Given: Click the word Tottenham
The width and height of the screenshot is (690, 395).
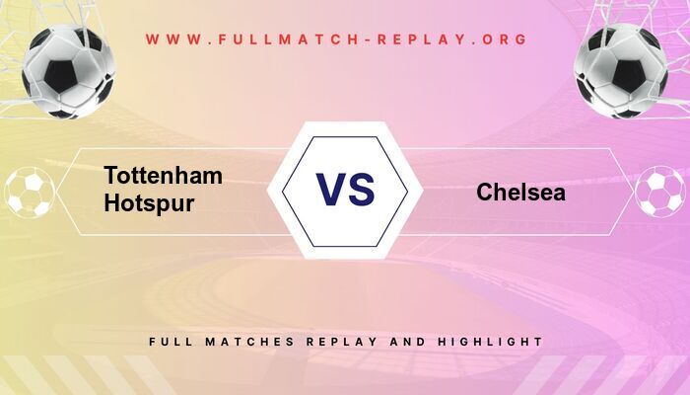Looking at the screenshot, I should [x=163, y=176].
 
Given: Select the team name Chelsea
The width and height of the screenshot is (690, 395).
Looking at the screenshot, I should [x=520, y=193].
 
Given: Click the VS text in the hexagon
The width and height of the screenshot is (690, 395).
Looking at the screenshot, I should [x=345, y=189].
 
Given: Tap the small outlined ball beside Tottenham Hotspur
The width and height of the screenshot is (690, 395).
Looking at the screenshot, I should [x=30, y=192].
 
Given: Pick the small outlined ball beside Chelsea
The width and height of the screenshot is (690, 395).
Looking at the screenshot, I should [x=659, y=192].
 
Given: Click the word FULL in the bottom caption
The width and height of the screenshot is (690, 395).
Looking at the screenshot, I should [x=168, y=342].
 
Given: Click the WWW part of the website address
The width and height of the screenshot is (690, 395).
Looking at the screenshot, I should [x=170, y=39].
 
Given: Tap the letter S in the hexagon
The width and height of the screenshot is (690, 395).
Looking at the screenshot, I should [x=362, y=189].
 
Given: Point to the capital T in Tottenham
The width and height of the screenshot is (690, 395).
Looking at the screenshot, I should [x=111, y=176].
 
